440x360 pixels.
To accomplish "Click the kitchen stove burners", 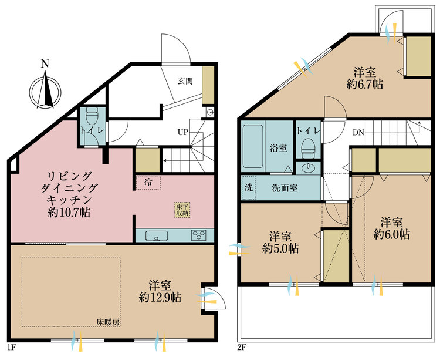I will pyautogui.click(x=199, y=235).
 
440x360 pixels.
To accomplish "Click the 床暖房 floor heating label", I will pyautogui.click(x=109, y=322).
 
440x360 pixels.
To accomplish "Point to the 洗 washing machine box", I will pyautogui.click(x=249, y=189).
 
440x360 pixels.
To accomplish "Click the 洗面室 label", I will pyautogui.click(x=285, y=189).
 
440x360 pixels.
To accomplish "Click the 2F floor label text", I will pyautogui.click(x=242, y=346).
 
